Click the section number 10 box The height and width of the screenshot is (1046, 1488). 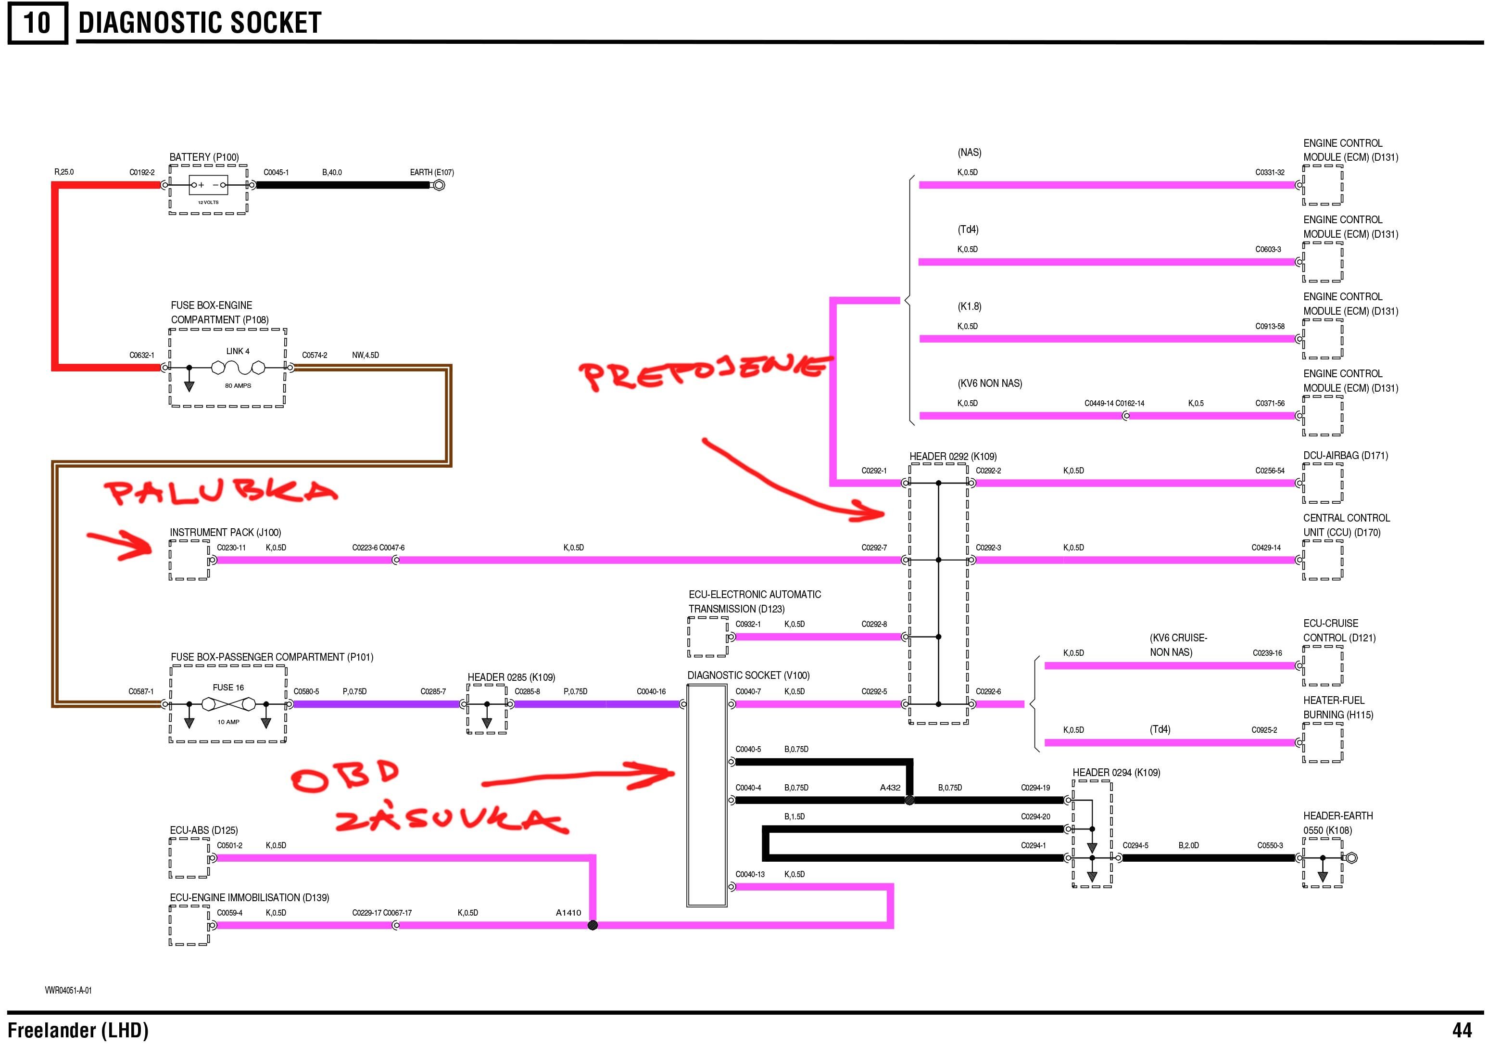pos(37,24)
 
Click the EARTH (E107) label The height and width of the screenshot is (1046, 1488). pos(431,173)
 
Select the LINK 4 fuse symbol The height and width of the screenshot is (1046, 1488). pos(238,369)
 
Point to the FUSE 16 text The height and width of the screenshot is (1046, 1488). pos(228,688)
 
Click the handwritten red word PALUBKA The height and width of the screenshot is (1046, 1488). pos(220,493)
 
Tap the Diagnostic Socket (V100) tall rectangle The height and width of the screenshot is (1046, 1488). pos(706,795)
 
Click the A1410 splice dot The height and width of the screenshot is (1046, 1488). pos(593,925)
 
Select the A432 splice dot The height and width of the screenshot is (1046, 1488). pos(909,800)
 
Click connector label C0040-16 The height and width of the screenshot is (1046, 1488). pos(651,692)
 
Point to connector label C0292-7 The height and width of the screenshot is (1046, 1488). pos(874,548)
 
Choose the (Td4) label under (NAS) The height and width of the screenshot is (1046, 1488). pos(968,230)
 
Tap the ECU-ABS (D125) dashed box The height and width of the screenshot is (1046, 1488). pos(189,857)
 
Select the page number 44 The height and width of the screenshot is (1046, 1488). pos(1462,1030)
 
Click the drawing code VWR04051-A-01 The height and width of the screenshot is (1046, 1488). pos(68,990)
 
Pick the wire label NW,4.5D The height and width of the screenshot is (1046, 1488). pos(366,356)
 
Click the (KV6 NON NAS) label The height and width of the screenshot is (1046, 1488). pos(990,383)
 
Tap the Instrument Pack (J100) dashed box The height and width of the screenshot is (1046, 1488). pos(189,560)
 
